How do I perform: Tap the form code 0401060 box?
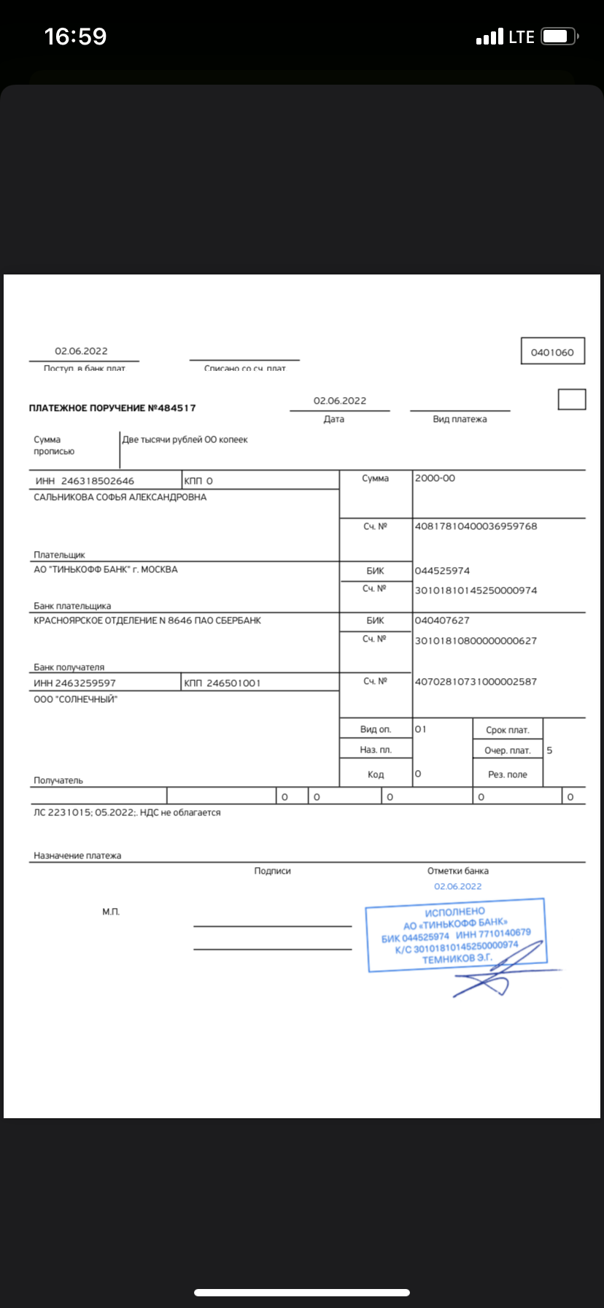point(552,352)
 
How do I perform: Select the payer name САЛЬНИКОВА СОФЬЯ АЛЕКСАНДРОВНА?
point(120,497)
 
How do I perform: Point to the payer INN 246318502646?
point(98,481)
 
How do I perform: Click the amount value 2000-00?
point(435,478)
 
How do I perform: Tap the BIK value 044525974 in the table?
point(442,571)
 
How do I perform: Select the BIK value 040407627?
point(442,620)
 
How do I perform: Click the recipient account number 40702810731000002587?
point(476,682)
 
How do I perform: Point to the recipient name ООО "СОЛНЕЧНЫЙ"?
point(76,699)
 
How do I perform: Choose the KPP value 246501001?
point(233,683)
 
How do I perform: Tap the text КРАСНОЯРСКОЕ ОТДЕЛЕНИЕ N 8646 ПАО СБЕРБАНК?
point(147,620)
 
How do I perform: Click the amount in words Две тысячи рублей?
point(185,439)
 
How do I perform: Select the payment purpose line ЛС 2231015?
point(127,812)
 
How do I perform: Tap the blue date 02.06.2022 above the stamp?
point(458,886)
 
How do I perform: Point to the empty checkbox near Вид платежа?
point(572,399)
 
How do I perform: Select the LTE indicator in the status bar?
point(522,36)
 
